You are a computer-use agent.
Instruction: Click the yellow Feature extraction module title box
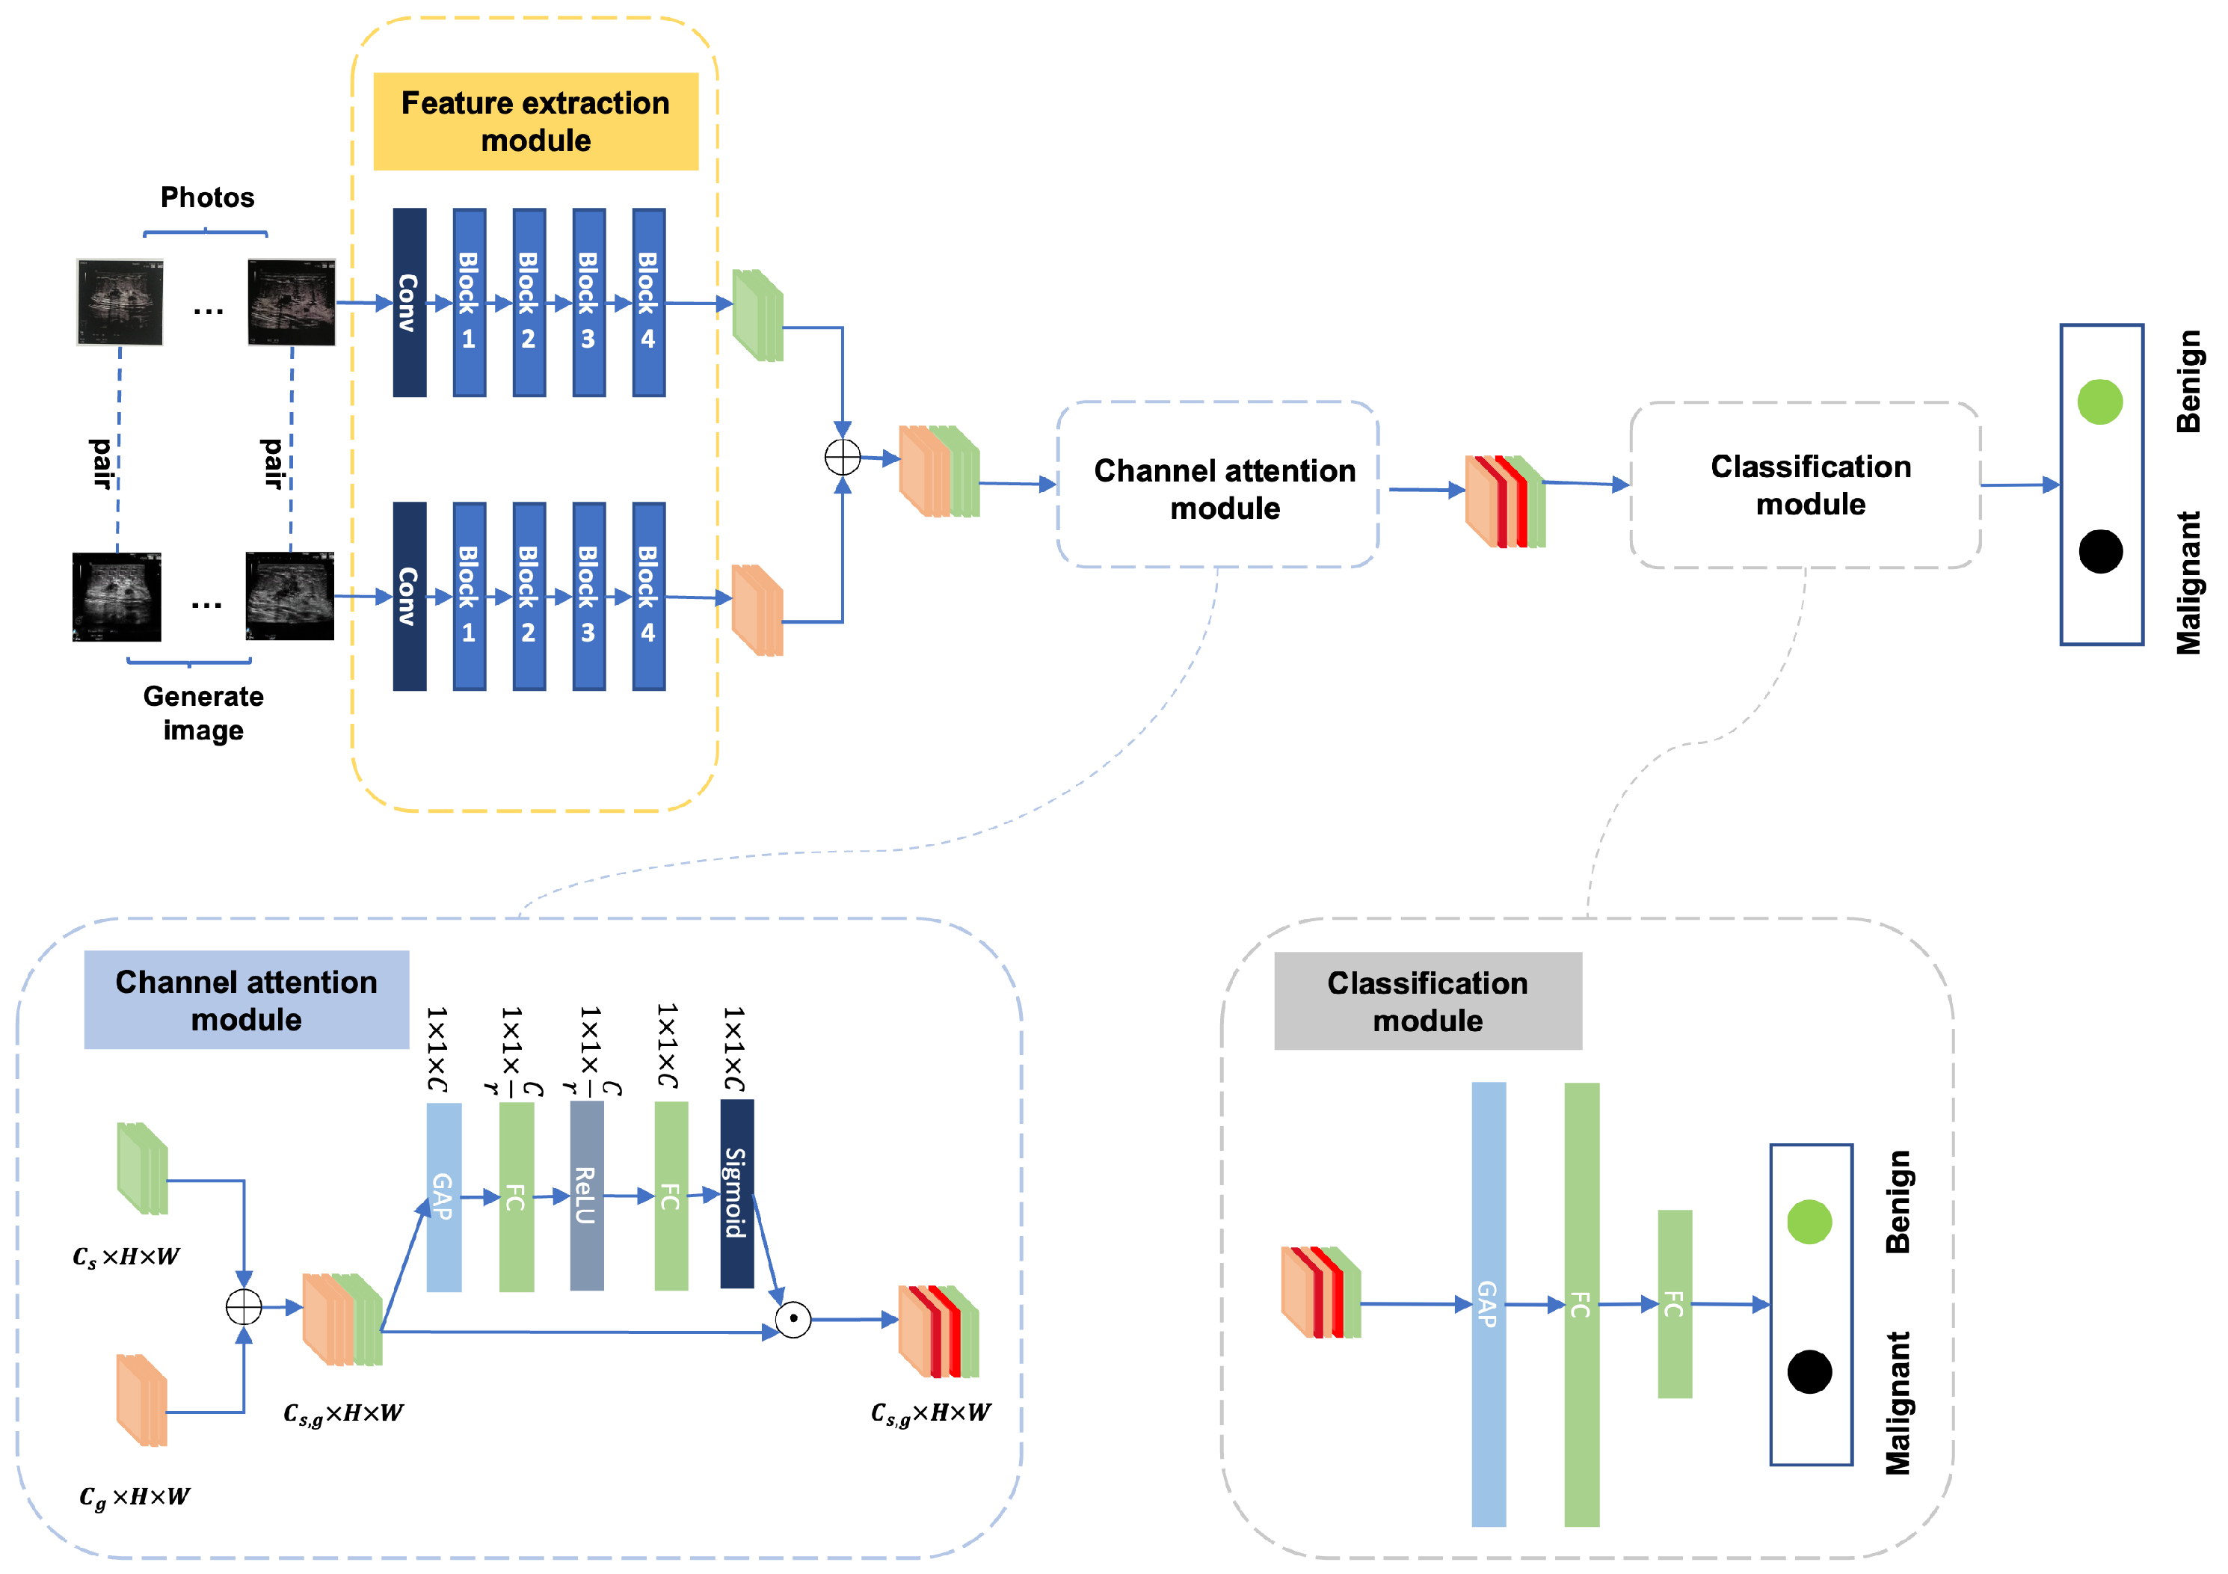click(x=535, y=121)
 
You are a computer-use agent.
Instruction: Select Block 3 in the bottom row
click(x=588, y=596)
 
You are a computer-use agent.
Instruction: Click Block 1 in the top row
click(x=469, y=302)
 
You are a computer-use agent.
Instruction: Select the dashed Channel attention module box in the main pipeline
click(x=1217, y=485)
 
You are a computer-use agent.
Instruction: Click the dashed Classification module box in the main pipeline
click(x=1804, y=485)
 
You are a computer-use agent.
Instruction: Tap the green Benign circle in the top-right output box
click(x=2099, y=401)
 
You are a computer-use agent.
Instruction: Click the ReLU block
click(x=586, y=1195)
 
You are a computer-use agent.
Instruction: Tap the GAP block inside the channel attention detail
click(x=443, y=1196)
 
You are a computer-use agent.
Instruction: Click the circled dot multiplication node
click(x=793, y=1319)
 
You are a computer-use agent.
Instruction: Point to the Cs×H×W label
click(x=126, y=1257)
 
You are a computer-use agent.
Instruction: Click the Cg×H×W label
click(x=134, y=1496)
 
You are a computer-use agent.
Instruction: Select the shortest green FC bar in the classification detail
click(x=1674, y=1303)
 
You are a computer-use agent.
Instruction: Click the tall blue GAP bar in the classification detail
click(x=1488, y=1303)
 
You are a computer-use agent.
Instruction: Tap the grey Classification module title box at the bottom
click(x=1427, y=1000)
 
